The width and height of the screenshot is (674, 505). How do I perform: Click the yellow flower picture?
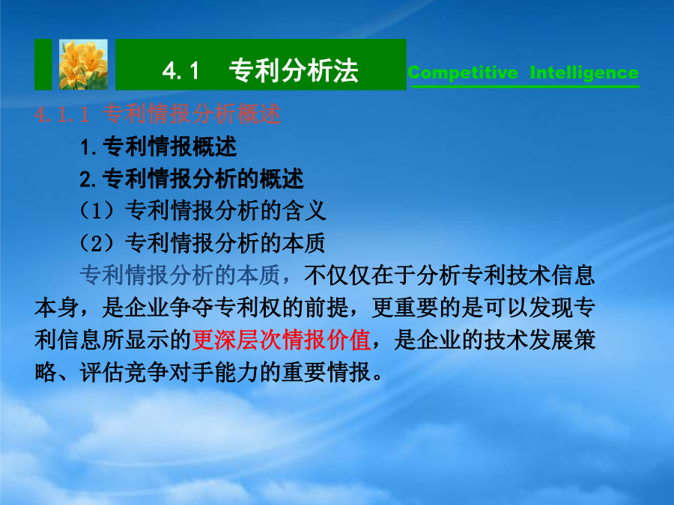click(83, 64)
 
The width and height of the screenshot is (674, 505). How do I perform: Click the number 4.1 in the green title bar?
click(180, 70)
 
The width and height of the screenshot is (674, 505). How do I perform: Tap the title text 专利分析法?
click(294, 70)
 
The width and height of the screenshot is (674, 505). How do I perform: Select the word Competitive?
click(463, 73)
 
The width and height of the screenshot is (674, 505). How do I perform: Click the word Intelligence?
click(584, 73)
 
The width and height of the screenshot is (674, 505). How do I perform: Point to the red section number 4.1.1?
click(62, 114)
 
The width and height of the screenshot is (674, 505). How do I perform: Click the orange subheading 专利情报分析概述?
click(192, 114)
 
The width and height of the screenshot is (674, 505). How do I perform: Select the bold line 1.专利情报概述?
click(158, 147)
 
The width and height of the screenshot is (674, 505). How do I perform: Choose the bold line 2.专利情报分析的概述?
click(192, 179)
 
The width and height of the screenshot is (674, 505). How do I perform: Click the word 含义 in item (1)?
click(304, 211)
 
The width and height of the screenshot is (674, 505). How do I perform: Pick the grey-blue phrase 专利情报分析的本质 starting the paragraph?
click(180, 275)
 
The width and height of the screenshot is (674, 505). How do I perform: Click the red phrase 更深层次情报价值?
click(281, 340)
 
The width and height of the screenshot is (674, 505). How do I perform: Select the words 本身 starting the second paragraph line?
click(57, 307)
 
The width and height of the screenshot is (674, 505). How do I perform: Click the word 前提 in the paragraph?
click(327, 307)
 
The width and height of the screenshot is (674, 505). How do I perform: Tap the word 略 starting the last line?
click(46, 372)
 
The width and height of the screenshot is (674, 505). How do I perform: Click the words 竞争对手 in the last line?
click(169, 372)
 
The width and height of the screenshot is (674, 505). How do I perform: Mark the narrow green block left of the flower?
click(43, 64)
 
